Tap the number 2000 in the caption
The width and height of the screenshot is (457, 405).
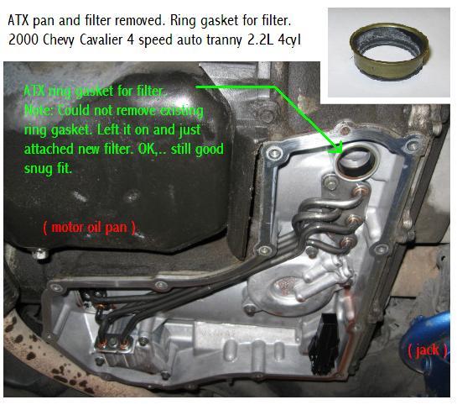point(23,40)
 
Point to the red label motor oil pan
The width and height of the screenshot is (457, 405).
point(89,228)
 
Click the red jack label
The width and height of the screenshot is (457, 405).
point(427,350)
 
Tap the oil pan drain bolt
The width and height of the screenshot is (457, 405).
point(40,253)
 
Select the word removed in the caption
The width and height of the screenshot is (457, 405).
point(140,20)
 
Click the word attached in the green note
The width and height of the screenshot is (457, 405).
point(49,149)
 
